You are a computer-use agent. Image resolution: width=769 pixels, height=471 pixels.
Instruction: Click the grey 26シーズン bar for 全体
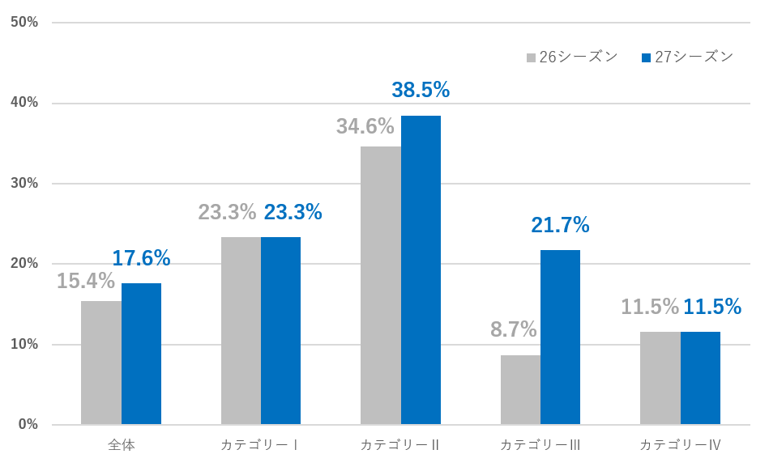[101, 363]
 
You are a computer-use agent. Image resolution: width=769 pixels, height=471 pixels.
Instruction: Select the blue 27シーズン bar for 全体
[141, 354]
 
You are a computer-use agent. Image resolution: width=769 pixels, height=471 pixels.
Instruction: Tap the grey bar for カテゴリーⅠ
[241, 330]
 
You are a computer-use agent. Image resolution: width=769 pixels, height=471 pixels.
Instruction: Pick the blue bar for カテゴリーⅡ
[421, 269]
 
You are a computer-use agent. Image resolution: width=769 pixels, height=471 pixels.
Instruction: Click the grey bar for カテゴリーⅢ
[520, 389]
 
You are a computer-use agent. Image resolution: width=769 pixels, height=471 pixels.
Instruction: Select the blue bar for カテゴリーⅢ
[560, 337]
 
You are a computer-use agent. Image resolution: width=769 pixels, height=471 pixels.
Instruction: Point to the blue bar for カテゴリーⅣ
[700, 378]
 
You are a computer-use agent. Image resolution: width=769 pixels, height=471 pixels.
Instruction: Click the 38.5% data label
[421, 90]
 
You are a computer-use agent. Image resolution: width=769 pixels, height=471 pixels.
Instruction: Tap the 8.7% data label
[513, 329]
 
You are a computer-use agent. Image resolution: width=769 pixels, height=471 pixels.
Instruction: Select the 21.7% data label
[560, 225]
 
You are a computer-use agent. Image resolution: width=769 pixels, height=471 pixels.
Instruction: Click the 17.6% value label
[141, 258]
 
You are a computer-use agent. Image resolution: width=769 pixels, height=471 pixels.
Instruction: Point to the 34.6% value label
[365, 126]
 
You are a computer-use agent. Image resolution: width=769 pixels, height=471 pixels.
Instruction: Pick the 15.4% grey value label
[85, 282]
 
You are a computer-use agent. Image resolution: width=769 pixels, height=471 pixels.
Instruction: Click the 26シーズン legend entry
[572, 57]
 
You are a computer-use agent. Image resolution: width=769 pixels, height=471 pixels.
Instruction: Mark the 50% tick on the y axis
[24, 23]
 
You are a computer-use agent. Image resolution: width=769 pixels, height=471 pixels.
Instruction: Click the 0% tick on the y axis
[28, 425]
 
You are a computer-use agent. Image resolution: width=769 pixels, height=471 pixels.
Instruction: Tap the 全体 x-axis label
[121, 446]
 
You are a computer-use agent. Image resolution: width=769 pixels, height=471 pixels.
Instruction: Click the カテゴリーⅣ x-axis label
[680, 446]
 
